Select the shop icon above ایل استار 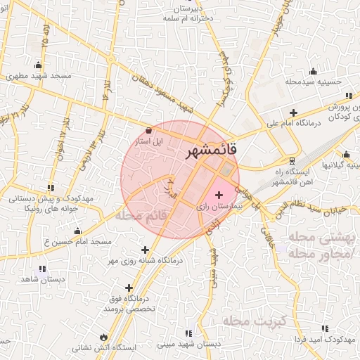click(x=148, y=130)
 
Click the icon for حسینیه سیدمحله click(x=312, y=71)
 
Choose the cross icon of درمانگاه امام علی click(x=293, y=112)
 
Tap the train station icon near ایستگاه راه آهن click(x=292, y=160)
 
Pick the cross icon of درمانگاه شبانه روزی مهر click(x=145, y=250)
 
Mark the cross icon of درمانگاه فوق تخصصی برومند click(x=129, y=288)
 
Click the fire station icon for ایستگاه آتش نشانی click(x=105, y=337)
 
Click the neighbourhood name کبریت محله click(x=252, y=321)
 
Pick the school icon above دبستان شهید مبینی click(x=188, y=333)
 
